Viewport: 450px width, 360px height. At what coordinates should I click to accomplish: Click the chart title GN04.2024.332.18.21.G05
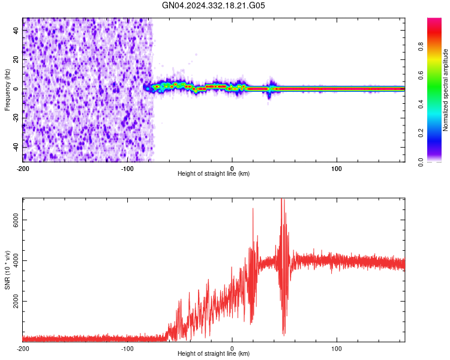click(x=214, y=5)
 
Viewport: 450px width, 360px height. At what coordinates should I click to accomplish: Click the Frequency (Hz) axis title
click(x=7, y=90)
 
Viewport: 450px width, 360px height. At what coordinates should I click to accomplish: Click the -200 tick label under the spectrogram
click(x=23, y=167)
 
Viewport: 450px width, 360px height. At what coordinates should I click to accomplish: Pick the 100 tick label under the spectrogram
click(x=337, y=167)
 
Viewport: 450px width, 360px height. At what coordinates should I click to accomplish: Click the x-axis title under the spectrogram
click(x=214, y=174)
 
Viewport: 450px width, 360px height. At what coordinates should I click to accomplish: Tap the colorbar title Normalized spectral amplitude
click(x=446, y=90)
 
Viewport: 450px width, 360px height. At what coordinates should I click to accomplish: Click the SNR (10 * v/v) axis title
click(x=7, y=270)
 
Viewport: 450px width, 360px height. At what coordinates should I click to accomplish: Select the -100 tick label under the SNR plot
click(x=127, y=348)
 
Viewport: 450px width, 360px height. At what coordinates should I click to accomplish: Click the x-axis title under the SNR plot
click(x=214, y=355)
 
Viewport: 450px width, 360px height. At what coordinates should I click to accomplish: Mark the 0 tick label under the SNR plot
click(x=232, y=348)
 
